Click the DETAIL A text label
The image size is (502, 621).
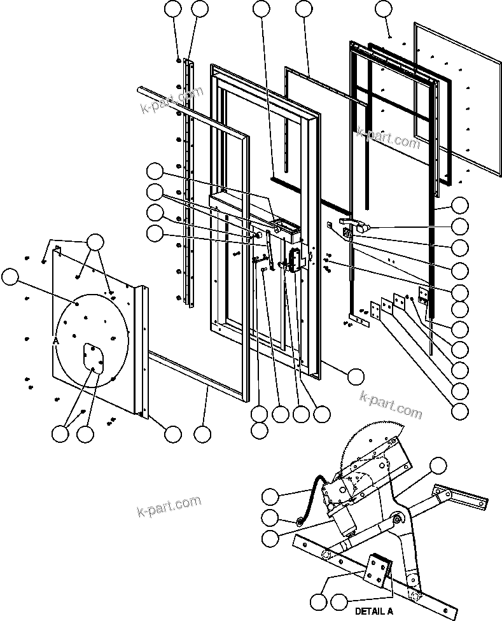(373, 611)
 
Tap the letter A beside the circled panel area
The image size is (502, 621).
(56, 341)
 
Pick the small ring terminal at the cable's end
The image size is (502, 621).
(299, 523)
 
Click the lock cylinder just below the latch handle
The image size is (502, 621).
(348, 234)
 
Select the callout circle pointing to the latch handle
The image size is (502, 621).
(459, 226)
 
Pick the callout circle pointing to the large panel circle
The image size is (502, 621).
(11, 277)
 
